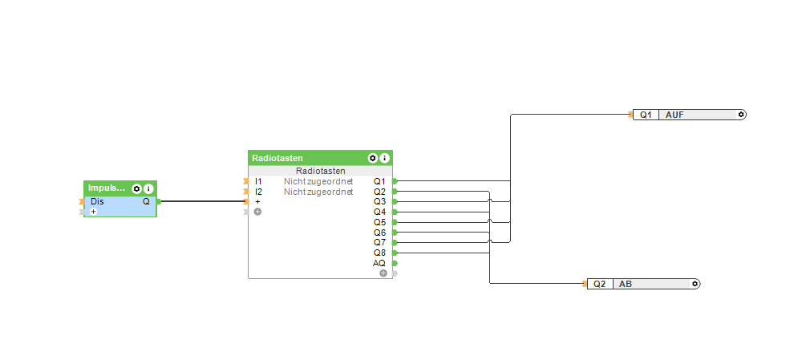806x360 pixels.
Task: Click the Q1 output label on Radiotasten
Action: tap(379, 182)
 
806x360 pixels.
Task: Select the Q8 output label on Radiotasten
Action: tap(379, 253)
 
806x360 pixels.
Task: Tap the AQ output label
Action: tap(379, 263)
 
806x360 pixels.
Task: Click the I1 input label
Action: tap(258, 182)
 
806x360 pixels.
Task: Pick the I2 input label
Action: tap(258, 192)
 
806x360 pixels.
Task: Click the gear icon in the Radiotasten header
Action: tap(373, 158)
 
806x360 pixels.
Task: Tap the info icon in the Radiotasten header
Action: tap(384, 158)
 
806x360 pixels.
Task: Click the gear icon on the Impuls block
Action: tap(137, 188)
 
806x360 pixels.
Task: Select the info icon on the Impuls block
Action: tap(148, 188)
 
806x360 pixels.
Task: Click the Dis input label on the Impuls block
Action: tap(97, 201)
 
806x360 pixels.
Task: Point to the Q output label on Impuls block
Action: tap(146, 201)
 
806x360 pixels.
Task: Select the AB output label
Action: tap(626, 284)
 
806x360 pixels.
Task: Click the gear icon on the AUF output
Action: tap(741, 115)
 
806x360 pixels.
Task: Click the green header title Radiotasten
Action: tap(277, 158)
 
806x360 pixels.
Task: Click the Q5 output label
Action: tap(379, 222)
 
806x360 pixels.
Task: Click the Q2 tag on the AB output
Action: tap(600, 284)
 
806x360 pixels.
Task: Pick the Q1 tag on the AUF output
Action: tap(646, 115)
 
